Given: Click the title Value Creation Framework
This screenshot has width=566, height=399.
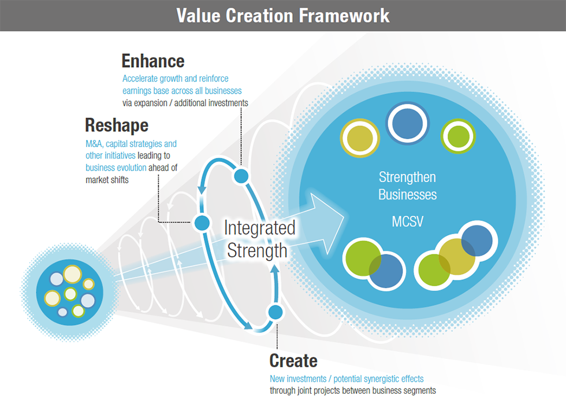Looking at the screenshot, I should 283,15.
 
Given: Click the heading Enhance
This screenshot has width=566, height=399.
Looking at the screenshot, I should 153,61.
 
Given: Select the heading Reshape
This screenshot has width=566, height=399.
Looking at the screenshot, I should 117,125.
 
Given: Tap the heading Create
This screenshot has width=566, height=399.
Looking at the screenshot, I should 293,361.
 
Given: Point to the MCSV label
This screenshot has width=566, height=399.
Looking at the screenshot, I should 408,221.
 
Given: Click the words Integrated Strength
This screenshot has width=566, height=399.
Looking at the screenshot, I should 259,238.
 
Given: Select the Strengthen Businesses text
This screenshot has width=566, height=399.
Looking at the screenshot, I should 407,185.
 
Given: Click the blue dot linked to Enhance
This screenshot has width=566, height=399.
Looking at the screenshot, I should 241,176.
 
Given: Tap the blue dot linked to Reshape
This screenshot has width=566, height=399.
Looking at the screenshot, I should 202,222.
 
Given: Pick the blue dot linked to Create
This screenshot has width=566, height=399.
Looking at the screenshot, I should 275,312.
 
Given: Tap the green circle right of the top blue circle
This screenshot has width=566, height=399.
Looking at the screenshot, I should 458,136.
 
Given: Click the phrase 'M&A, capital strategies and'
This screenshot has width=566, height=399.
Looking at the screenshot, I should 131,143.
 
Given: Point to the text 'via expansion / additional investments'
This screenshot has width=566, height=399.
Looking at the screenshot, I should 185,103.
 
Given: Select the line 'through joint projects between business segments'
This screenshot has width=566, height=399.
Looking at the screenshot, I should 352,390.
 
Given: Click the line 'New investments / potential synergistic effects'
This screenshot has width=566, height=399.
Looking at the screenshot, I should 347,379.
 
